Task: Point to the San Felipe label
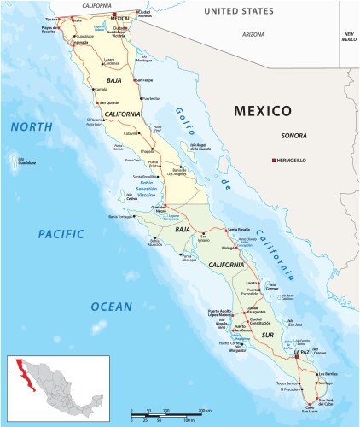pos(153,80)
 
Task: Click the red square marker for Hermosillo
pos(273,161)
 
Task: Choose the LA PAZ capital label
pos(302,352)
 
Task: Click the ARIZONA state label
pos(253,34)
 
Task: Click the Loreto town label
pos(251,281)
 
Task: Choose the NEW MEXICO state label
pos(349,35)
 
